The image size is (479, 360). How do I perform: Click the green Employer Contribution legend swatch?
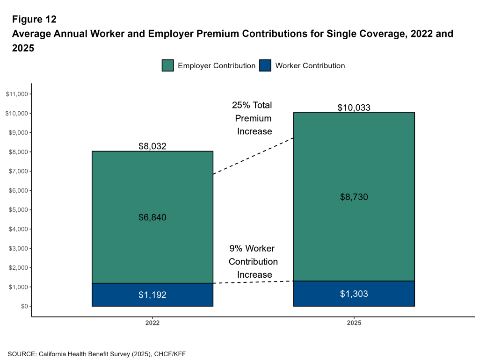tap(168, 65)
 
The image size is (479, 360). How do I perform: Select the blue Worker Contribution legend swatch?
tap(265, 65)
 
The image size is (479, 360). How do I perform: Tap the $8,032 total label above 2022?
tap(152, 146)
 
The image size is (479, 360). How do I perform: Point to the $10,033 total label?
tap(354, 108)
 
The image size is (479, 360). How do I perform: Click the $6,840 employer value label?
tap(152, 217)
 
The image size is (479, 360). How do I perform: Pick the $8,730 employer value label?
tap(354, 197)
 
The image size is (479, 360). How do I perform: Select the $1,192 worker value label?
tap(152, 295)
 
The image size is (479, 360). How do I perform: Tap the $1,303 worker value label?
tap(354, 294)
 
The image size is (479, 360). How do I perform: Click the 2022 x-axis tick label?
tap(152, 323)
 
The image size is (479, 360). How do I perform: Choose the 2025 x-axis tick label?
tap(354, 323)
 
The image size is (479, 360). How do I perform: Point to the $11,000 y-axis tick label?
tap(16, 94)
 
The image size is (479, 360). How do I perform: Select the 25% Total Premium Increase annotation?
tap(253, 118)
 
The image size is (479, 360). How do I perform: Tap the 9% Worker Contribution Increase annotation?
tap(253, 261)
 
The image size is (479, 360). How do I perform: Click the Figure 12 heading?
tap(34, 19)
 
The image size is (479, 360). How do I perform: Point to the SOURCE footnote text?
tap(97, 354)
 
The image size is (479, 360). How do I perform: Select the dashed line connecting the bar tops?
tap(253, 156)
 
